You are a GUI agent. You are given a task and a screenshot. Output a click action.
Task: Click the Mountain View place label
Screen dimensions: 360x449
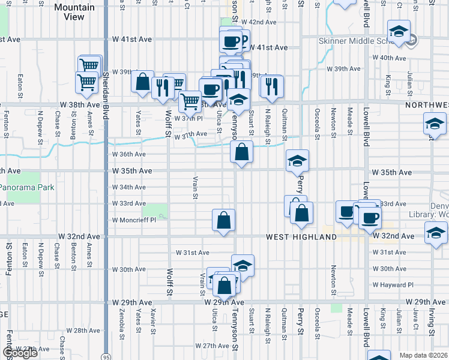(x=74, y=12)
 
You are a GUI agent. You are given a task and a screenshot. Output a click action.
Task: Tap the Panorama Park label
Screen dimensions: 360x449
(x=27, y=187)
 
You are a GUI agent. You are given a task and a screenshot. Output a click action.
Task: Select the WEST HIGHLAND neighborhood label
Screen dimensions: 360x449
(x=301, y=237)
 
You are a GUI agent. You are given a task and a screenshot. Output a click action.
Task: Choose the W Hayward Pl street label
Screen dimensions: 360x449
(x=393, y=285)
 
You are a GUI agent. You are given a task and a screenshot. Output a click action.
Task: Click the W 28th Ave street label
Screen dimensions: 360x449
(x=83, y=331)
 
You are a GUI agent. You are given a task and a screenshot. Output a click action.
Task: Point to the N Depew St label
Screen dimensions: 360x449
(x=41, y=122)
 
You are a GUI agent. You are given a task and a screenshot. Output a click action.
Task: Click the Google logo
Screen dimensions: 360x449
(x=20, y=353)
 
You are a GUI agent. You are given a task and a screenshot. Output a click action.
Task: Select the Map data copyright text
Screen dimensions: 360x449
(x=423, y=355)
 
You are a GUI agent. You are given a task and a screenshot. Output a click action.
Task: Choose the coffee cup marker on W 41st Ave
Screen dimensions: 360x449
(x=231, y=41)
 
